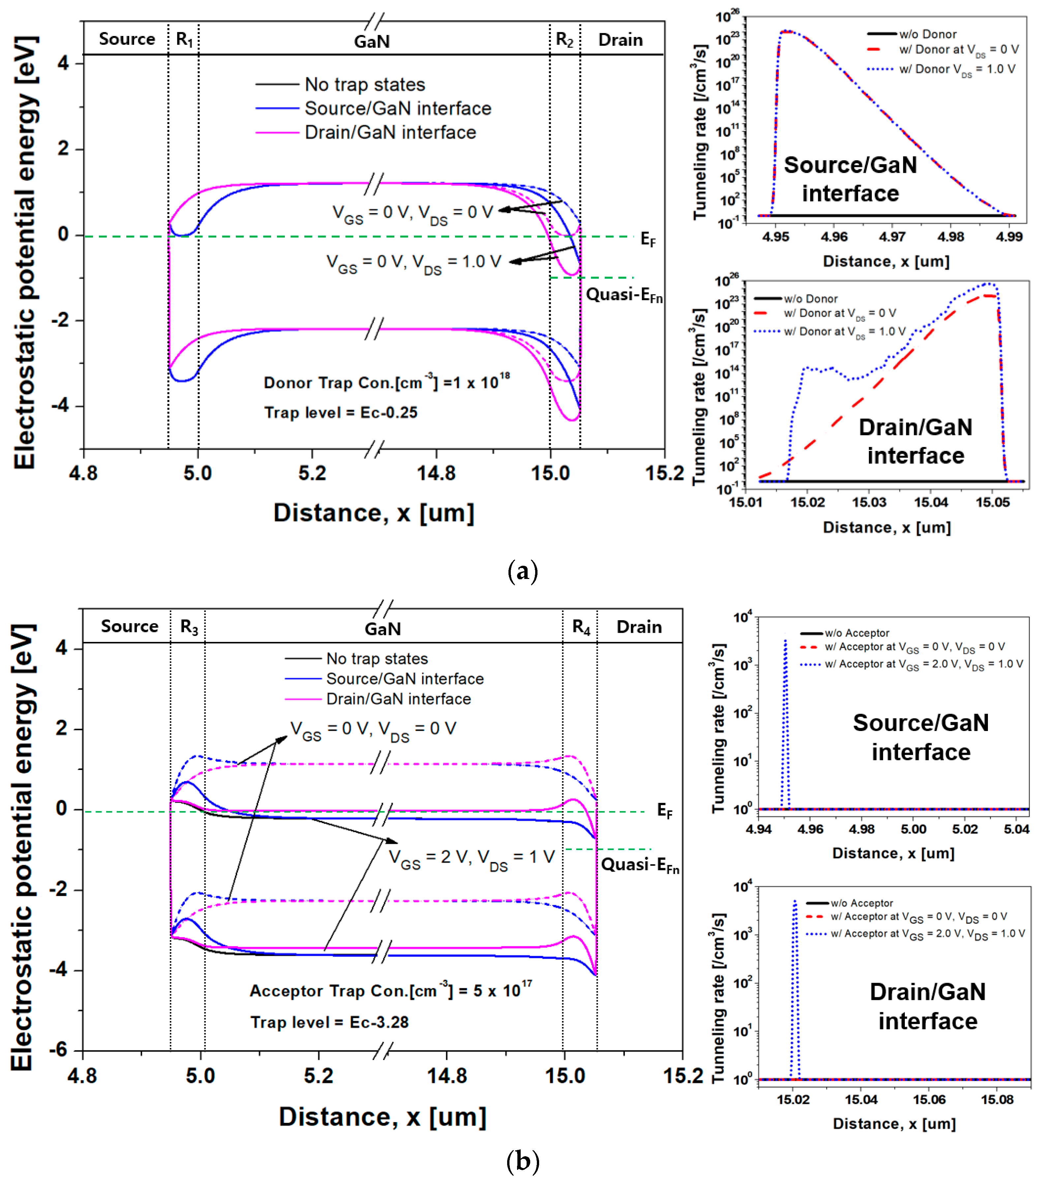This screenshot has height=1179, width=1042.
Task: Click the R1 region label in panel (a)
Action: tap(184, 40)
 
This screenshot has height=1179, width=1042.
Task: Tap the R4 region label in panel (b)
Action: tap(581, 627)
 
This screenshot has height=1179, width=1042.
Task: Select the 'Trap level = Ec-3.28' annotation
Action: tap(329, 1022)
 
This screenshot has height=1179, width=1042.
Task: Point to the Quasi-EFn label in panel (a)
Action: tap(624, 295)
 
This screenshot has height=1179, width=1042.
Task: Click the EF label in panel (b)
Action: tap(664, 811)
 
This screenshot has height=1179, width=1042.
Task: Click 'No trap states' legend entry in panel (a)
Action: tap(364, 85)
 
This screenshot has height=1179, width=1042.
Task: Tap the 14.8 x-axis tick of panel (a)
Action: tap(436, 474)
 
